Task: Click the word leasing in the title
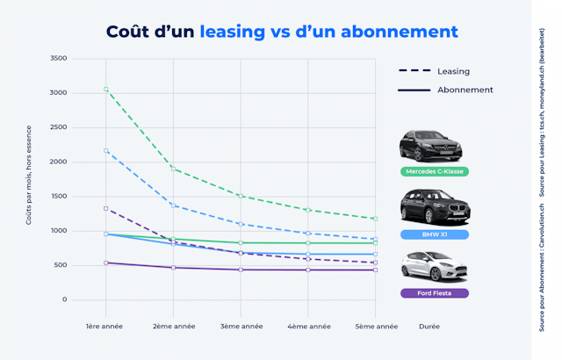pyautogui.click(x=232, y=31)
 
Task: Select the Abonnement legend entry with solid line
pyautogui.click(x=446, y=90)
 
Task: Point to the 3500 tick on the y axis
pyautogui.click(x=59, y=59)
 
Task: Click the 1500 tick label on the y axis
pyautogui.click(x=59, y=197)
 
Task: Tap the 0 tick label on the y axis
pyautogui.click(x=64, y=299)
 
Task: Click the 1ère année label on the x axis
pyautogui.click(x=105, y=326)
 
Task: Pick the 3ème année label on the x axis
pyautogui.click(x=240, y=326)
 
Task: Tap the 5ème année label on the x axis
pyautogui.click(x=376, y=326)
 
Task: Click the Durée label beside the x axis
pyautogui.click(x=429, y=326)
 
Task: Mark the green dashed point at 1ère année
pyautogui.click(x=105, y=90)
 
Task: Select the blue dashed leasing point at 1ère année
pyautogui.click(x=105, y=151)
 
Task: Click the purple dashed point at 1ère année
pyautogui.click(x=105, y=208)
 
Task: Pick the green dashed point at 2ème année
pyautogui.click(x=173, y=168)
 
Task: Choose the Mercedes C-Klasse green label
pyautogui.click(x=433, y=171)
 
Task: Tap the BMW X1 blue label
pyautogui.click(x=433, y=234)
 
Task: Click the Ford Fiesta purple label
pyautogui.click(x=433, y=293)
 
